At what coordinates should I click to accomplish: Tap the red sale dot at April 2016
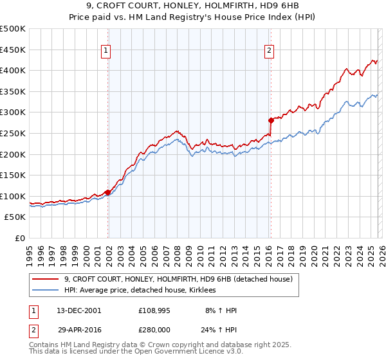coord(271,120)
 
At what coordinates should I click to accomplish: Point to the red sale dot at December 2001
coord(107,192)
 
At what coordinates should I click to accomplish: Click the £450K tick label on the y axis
coord(12,50)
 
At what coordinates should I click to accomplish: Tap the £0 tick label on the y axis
coord(20,238)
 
